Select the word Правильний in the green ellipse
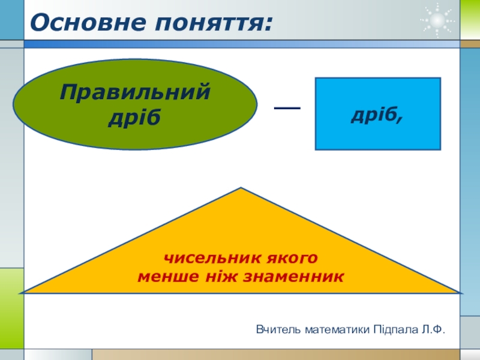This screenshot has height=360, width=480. pos(135,93)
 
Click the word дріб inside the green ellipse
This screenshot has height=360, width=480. pos(135,116)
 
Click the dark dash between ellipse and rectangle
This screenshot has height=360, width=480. pos(287,107)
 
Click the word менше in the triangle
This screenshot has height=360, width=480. pos(165,277)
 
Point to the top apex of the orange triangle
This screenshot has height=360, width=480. pos(241,189)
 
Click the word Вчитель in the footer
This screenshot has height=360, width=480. pos(278,329)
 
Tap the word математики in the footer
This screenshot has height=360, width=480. pos(337,329)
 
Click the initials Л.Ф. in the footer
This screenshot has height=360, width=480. pos(434,329)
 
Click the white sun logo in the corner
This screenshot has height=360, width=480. pos(437,20)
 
